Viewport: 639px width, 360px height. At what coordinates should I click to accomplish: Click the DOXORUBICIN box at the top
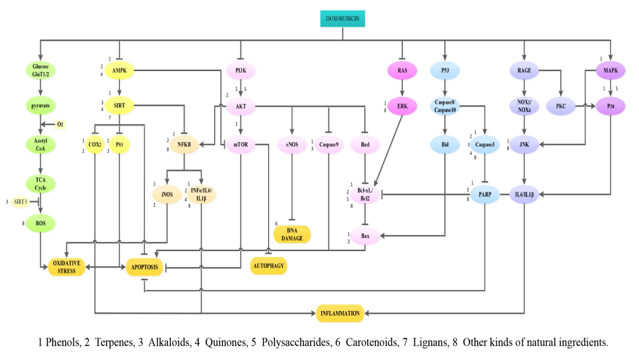click(x=342, y=19)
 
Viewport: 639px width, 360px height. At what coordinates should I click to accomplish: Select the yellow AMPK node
click(x=120, y=71)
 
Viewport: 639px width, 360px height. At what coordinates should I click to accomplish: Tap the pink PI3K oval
click(x=240, y=71)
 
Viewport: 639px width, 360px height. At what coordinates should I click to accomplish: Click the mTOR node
click(x=240, y=144)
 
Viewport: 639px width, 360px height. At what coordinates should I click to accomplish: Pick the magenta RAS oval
click(x=402, y=71)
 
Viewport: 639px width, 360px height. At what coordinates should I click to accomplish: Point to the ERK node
click(x=402, y=106)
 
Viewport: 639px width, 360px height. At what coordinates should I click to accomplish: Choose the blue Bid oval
click(x=444, y=144)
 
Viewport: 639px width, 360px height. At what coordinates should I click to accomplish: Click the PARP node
click(x=485, y=194)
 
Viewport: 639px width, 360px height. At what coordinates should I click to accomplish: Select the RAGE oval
click(x=524, y=71)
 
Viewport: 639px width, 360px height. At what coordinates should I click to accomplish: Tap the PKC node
click(x=562, y=106)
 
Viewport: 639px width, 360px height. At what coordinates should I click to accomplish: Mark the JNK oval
click(x=524, y=144)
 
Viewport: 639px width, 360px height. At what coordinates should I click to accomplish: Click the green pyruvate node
click(x=40, y=106)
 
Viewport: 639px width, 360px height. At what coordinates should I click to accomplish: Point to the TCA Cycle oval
click(x=40, y=184)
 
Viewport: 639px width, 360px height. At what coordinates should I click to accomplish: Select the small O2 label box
click(x=61, y=124)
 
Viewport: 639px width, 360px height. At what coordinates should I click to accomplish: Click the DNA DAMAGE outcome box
click(x=292, y=234)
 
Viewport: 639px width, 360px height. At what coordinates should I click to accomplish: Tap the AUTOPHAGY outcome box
click(x=269, y=266)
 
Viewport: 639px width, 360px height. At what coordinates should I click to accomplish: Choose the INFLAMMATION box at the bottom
click(x=340, y=313)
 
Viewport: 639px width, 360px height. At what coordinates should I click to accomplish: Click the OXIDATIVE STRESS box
click(x=66, y=267)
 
